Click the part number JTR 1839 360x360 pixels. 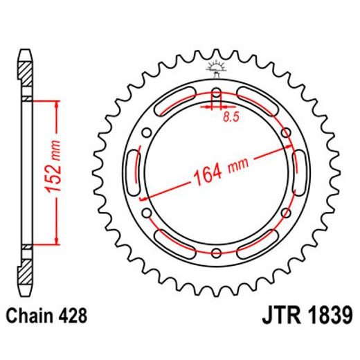[302, 316]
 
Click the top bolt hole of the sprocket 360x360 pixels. [216, 94]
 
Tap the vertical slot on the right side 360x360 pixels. [300, 172]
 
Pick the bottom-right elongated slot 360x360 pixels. [258, 240]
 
